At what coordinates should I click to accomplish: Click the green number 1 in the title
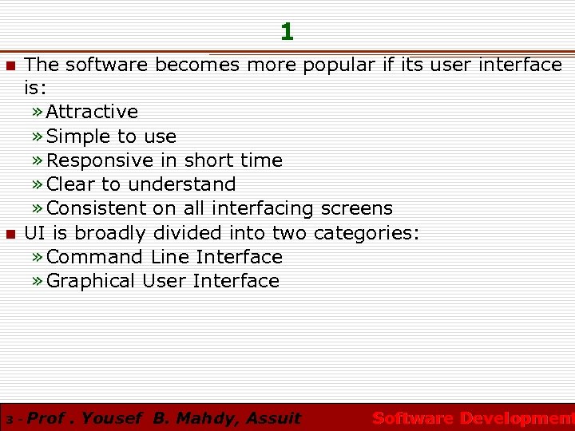click(287, 32)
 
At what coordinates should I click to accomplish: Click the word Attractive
click(92, 112)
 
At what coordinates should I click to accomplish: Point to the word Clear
click(73, 184)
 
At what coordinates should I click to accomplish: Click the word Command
click(96, 257)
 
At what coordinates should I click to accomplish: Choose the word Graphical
click(92, 281)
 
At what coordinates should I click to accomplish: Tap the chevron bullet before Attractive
click(38, 113)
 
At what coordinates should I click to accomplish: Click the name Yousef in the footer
click(111, 417)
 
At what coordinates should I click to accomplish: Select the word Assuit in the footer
click(274, 417)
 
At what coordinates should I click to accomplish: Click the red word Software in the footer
click(413, 417)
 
